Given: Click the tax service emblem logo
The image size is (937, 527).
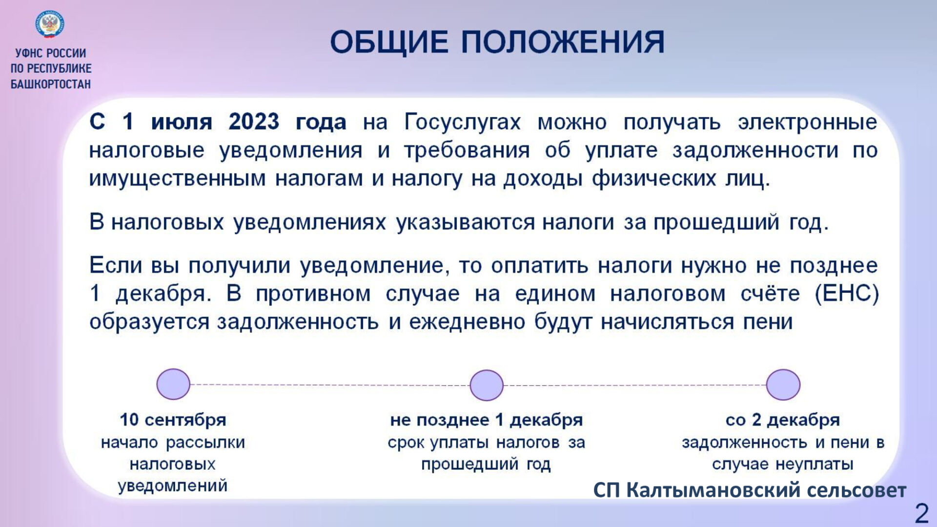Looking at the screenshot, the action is [x=50, y=24].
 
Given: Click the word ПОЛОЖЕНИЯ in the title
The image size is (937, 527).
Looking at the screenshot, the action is [x=563, y=41].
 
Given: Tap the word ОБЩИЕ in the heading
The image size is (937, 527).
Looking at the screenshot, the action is [x=389, y=41].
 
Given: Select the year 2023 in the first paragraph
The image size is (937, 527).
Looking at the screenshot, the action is [x=254, y=122].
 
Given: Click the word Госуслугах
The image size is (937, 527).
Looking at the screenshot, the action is [x=462, y=122].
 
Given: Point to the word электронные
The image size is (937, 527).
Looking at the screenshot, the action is [x=807, y=122].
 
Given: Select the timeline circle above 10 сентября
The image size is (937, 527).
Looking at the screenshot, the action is [x=173, y=384].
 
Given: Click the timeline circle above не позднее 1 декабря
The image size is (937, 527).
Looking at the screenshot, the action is [x=487, y=385].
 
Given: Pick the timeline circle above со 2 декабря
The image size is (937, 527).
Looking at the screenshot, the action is [x=783, y=385].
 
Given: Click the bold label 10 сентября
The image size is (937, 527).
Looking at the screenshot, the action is [x=173, y=420].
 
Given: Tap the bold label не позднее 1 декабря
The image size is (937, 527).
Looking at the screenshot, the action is [x=487, y=420].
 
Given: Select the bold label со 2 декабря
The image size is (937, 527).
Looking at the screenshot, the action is [x=783, y=420].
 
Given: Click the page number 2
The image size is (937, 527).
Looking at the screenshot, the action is [x=921, y=513].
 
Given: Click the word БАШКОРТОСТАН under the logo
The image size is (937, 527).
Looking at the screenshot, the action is [x=51, y=84].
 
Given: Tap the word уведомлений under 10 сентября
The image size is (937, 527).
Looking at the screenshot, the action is [x=173, y=486].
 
